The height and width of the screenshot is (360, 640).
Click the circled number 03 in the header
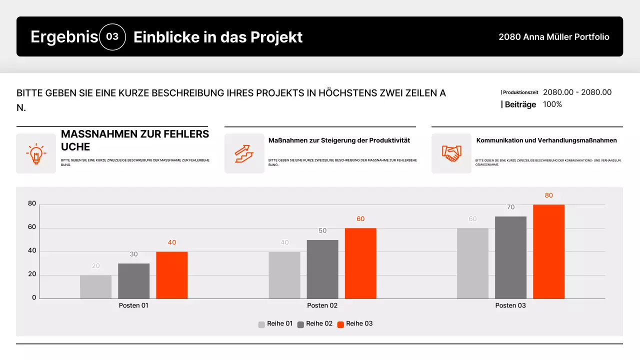point(112,37)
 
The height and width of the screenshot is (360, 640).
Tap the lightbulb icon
point(36,153)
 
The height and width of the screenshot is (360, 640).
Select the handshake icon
point(451,153)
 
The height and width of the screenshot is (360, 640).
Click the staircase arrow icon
point(244,153)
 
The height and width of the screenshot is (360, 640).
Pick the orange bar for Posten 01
point(171,275)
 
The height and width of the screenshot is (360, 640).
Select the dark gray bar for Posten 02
point(322,269)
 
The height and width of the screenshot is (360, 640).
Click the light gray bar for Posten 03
point(472,263)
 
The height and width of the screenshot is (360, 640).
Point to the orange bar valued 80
point(548,251)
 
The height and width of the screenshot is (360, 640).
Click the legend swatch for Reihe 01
point(261,324)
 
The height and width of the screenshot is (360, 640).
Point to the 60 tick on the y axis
point(32,227)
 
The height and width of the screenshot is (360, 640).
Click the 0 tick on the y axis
point(34,297)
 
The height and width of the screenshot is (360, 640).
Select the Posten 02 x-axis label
point(322,305)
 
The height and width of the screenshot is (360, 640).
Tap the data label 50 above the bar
point(322,230)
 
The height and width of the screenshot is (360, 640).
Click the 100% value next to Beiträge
point(552,104)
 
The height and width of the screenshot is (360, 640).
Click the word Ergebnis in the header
point(64,37)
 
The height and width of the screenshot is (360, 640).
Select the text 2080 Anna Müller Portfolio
point(553,37)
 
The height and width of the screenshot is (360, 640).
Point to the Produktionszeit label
point(520,92)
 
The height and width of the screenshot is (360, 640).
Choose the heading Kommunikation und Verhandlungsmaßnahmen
point(546,140)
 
